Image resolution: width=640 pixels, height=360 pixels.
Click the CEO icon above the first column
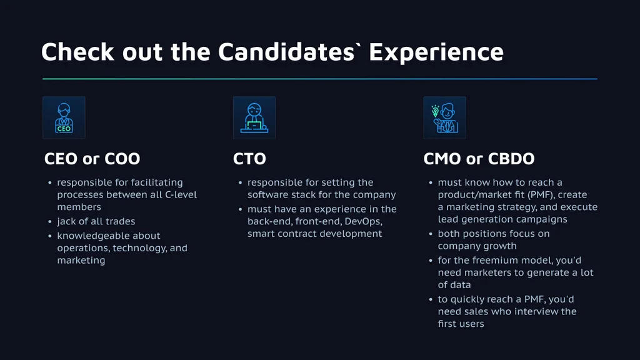coord(64,118)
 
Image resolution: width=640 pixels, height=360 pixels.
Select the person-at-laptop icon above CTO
coord(254,118)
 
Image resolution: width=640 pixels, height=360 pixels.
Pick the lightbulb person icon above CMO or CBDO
coord(444,118)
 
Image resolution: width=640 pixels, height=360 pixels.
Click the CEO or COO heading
coord(92,159)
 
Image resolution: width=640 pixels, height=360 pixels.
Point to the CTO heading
coord(249,159)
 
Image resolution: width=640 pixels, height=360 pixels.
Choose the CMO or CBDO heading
coord(479,159)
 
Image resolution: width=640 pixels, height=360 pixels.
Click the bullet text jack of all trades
coord(96,221)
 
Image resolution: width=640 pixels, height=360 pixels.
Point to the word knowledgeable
coord(109,236)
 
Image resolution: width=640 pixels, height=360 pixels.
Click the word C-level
coord(181,195)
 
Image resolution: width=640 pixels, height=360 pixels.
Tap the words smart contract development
coord(315,234)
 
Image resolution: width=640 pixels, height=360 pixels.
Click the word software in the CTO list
coord(265,195)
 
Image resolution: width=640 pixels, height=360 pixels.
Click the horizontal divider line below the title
coord(320,79)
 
